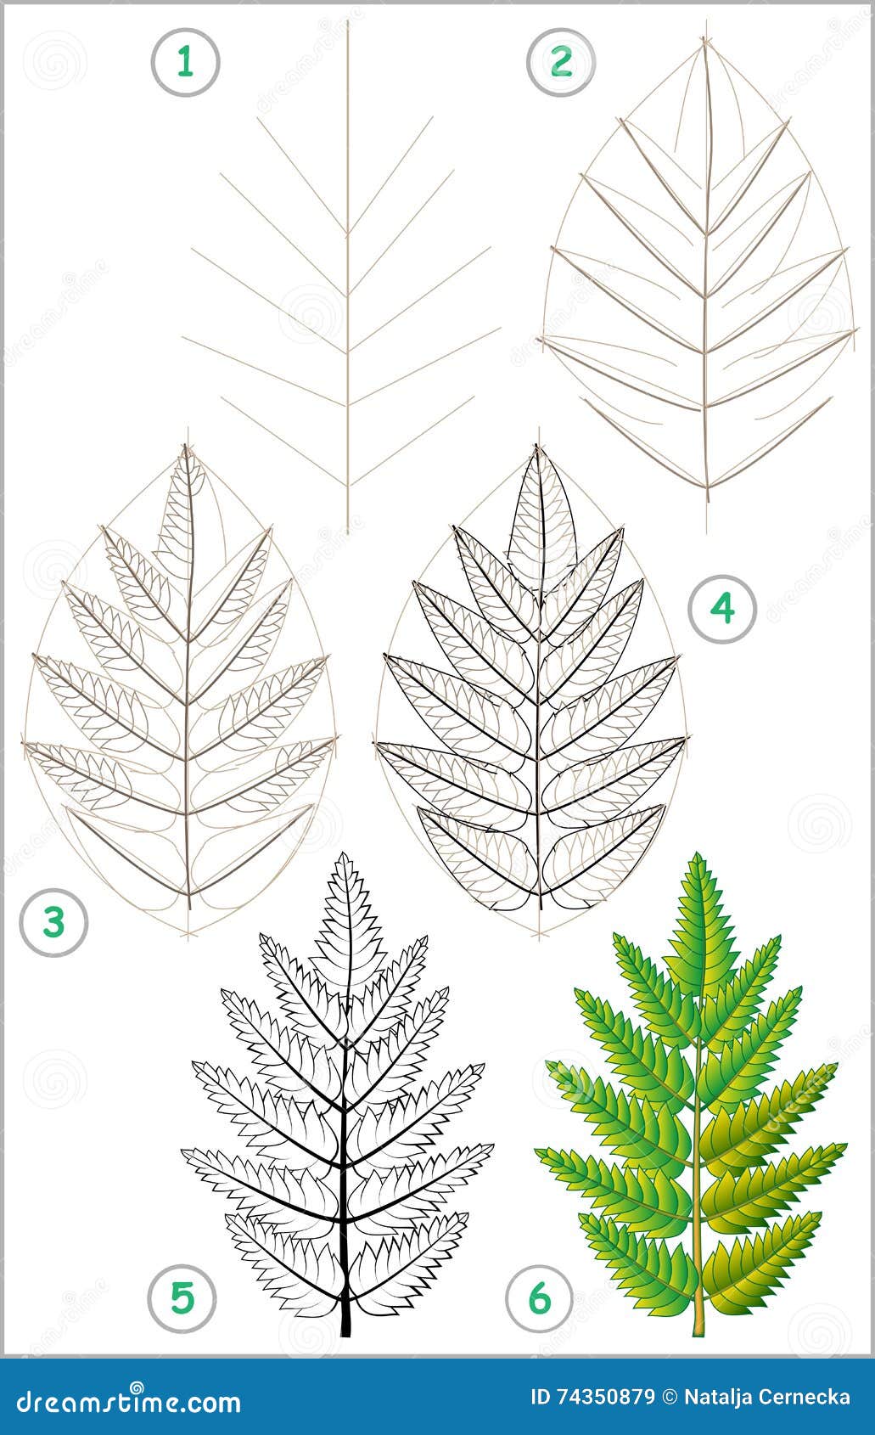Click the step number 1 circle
185,61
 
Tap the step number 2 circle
561,61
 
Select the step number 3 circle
54,921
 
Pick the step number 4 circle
722,607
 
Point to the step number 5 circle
182,1297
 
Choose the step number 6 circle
540,1298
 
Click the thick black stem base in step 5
345,1333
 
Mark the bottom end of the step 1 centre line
347,531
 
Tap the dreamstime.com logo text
123,1401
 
